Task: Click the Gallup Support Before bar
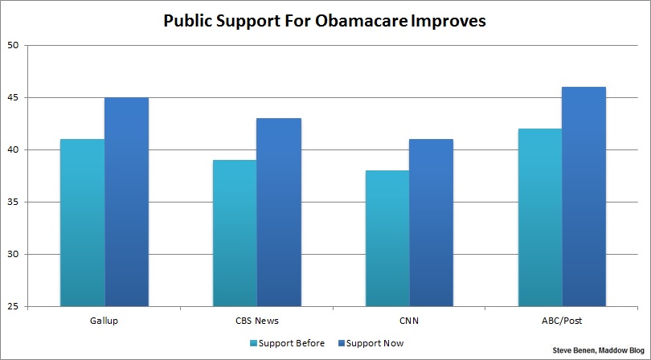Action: pyautogui.click(x=82, y=223)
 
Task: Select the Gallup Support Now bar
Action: pyautogui.click(x=126, y=202)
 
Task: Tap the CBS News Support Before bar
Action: pyautogui.click(x=235, y=233)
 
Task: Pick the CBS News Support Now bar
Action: pyautogui.click(x=279, y=212)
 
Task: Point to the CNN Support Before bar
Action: pyautogui.click(x=387, y=238)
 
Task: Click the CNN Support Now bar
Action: pyautogui.click(x=431, y=223)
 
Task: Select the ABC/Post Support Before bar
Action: pyautogui.click(x=538, y=217)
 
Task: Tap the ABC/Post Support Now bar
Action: pyautogui.click(x=583, y=197)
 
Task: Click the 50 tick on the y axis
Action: pyautogui.click(x=12, y=45)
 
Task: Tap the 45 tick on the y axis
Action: pyautogui.click(x=12, y=97)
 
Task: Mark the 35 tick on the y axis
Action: pyautogui.click(x=12, y=202)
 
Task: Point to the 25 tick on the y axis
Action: pyautogui.click(x=12, y=307)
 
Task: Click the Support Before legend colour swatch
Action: pyautogui.click(x=254, y=343)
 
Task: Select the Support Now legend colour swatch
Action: pyautogui.click(x=341, y=343)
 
